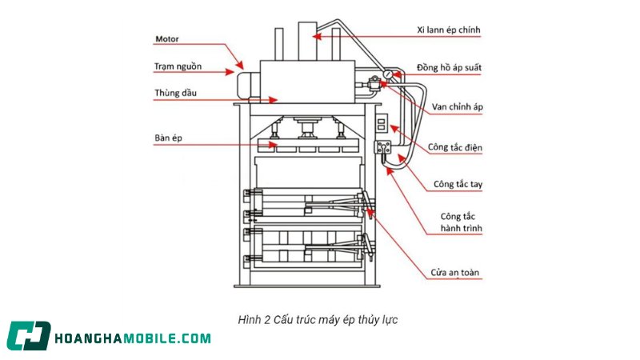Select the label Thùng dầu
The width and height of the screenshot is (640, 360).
coord(175,93)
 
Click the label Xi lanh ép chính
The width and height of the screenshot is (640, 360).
coord(448,30)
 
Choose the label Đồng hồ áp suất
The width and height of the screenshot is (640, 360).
coord(448,68)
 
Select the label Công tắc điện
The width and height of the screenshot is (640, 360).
coord(454,147)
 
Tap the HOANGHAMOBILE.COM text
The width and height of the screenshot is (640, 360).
coord(133,338)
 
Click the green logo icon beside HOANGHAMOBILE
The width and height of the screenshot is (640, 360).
coord(29,337)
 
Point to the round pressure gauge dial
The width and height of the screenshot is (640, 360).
coord(388,74)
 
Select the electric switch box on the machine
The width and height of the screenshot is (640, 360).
coord(382,124)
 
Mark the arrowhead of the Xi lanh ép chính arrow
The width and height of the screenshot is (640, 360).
coord(315,35)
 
